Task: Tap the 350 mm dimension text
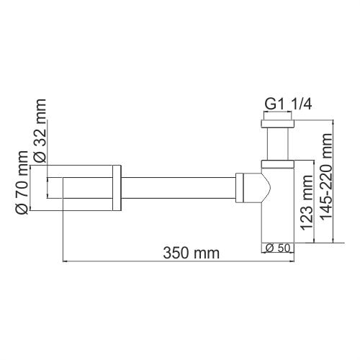(191, 253)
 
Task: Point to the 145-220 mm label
(329, 184)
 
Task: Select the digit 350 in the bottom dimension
(178, 253)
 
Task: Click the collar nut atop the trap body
(278, 163)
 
